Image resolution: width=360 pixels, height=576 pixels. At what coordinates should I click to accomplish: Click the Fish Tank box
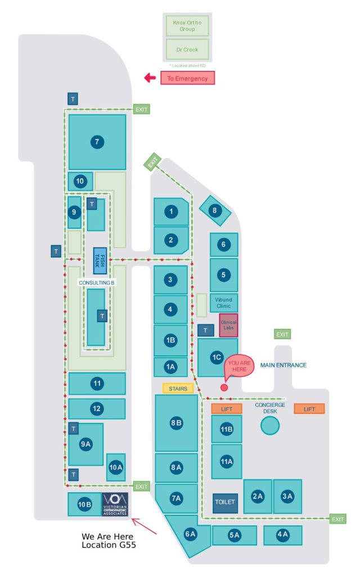100,260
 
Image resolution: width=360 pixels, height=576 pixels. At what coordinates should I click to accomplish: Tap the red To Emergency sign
187,78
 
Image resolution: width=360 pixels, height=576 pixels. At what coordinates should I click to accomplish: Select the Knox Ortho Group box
187,25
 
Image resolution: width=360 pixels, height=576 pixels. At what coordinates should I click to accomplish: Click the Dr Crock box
187,49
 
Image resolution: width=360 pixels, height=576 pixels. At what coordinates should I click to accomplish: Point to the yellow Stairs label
178,389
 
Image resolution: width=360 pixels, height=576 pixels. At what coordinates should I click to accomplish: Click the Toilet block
225,501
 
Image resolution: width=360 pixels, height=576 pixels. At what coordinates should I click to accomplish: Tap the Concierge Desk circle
270,425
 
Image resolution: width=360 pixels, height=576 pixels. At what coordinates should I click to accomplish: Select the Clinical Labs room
228,325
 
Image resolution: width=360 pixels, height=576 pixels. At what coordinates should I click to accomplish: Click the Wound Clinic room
223,303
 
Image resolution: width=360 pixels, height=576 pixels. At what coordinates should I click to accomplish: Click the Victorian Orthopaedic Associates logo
115,505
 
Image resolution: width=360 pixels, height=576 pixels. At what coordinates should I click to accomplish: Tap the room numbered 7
97,142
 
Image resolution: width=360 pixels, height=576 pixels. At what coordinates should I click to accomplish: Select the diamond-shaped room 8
214,211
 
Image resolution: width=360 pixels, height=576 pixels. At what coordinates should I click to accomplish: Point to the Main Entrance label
283,365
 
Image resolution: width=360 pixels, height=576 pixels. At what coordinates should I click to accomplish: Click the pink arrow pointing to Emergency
150,78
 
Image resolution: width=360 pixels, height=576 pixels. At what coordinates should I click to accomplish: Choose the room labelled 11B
226,430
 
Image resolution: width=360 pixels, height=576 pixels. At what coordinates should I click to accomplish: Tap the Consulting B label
96,282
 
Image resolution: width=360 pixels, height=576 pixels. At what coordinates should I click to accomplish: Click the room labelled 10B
84,505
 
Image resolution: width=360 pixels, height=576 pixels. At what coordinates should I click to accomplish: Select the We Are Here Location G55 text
108,541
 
